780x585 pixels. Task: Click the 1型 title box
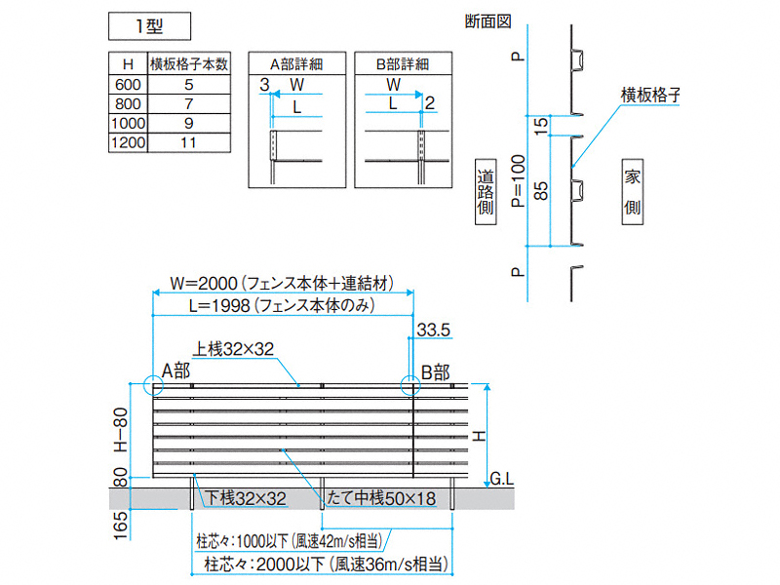click(x=149, y=26)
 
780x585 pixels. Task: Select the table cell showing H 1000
click(x=129, y=123)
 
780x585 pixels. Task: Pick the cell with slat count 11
click(x=189, y=142)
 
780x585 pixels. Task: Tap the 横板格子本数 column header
click(x=189, y=63)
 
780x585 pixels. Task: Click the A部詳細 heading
click(x=297, y=64)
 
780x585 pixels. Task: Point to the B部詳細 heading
click(x=403, y=64)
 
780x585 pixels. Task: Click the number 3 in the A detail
click(x=264, y=85)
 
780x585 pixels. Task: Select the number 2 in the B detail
click(x=430, y=103)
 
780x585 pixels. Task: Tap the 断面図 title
click(x=488, y=21)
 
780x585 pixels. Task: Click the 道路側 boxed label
click(x=486, y=192)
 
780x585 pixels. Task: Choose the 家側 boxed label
click(x=632, y=192)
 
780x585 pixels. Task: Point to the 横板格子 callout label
click(x=650, y=95)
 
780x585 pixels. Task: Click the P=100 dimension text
click(x=519, y=180)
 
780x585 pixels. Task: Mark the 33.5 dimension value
click(x=433, y=330)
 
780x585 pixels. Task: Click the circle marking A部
click(x=154, y=384)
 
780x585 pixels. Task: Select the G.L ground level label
click(x=501, y=479)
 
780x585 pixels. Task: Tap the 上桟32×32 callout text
click(x=233, y=349)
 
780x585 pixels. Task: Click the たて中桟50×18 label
click(x=381, y=498)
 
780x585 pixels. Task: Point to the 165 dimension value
click(x=121, y=526)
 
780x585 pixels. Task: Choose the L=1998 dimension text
click(x=282, y=305)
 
